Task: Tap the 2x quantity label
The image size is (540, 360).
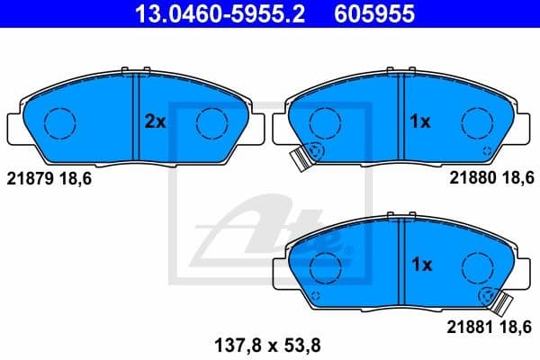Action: (155, 122)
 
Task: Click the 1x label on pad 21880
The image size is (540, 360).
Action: (420, 122)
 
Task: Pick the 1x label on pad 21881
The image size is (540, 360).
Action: (420, 265)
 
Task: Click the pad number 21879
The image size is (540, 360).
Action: (31, 179)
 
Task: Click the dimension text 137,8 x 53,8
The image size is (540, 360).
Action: (268, 342)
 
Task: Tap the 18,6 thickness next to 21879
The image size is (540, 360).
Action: (76, 179)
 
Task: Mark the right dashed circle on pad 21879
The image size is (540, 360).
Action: (213, 122)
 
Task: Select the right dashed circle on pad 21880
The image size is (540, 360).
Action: (477, 122)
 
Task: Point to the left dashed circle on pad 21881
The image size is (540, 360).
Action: (326, 265)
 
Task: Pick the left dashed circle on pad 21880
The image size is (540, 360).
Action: (326, 122)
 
